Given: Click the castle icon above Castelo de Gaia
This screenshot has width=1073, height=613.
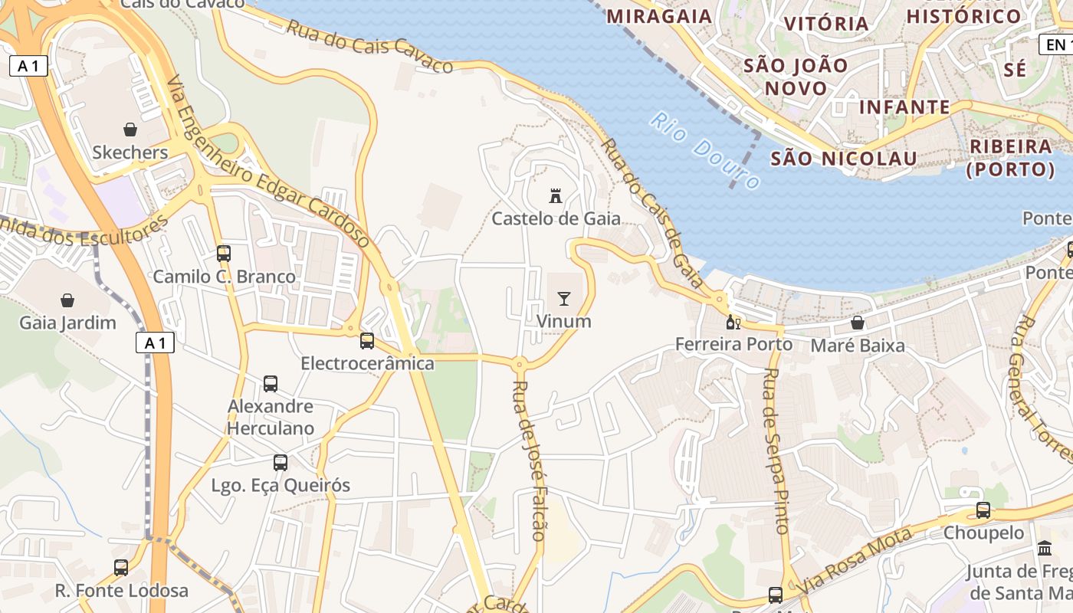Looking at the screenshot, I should (x=556, y=195).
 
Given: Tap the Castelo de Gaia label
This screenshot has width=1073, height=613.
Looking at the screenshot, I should (x=556, y=219).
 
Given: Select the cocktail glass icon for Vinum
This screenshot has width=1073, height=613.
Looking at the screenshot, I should (x=564, y=298).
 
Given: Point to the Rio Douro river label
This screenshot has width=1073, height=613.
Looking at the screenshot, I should (x=705, y=151).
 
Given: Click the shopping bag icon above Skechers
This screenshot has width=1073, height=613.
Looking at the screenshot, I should (x=130, y=129).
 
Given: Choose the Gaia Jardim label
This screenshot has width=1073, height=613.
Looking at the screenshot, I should (x=67, y=323).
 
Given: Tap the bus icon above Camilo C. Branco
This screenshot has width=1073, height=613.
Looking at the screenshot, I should (x=224, y=253).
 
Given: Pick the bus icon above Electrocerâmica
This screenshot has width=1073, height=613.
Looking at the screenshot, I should (x=367, y=340).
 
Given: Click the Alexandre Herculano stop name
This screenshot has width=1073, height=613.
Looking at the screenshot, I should (x=271, y=417).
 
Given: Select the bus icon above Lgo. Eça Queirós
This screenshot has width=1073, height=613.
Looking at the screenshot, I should (x=281, y=462).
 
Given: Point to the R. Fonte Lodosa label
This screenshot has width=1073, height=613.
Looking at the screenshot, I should (x=121, y=591).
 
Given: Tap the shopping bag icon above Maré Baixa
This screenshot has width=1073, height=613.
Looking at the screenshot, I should (x=858, y=323).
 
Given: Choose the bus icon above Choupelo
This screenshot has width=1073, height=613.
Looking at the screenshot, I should (x=983, y=510).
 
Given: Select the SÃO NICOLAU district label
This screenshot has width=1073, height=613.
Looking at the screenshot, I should (x=843, y=159).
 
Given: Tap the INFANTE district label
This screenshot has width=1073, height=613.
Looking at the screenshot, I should (x=904, y=107).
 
